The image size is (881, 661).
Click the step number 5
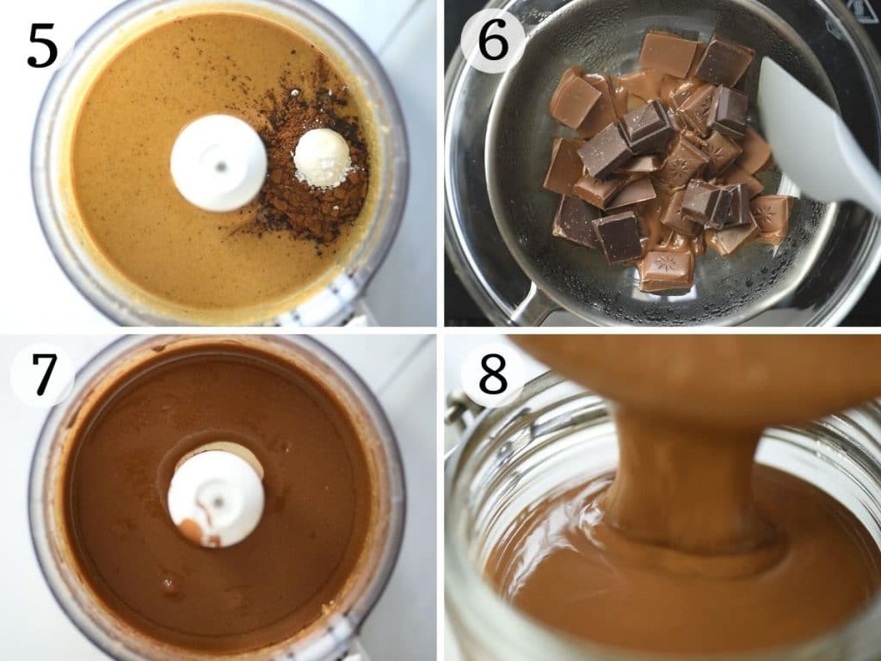tap(42, 46)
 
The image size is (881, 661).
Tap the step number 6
tap(493, 40)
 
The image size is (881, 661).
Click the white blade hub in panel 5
tap(219, 163)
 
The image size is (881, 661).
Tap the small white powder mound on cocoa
tap(322, 158)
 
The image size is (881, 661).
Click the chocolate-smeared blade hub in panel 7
tap(215, 497)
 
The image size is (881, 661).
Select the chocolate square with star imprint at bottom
tap(666, 271)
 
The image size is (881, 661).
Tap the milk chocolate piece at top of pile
tap(668, 53)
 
